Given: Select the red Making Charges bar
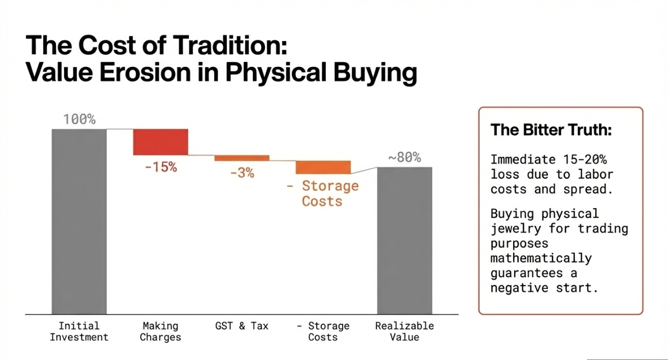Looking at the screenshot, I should coord(160,142).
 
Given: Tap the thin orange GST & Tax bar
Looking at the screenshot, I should coord(241,158).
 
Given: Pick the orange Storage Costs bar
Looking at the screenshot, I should coord(323,167).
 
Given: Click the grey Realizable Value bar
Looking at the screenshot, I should coord(405,241).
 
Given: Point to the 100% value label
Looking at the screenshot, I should coord(79,119).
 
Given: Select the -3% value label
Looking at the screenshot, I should coord(242,173).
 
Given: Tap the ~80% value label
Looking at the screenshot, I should coord(405,158).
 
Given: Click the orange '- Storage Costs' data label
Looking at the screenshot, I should coord(323,193).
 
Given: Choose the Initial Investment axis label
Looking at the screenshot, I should coord(79,332).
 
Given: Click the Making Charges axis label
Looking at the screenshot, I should coord(160,332).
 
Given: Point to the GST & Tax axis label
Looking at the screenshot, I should coord(242,325).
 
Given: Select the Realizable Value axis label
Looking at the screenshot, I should coord(405,332).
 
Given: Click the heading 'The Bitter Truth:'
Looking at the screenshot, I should coord(551,130).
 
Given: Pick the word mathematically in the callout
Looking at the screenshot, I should coord(541,258).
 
